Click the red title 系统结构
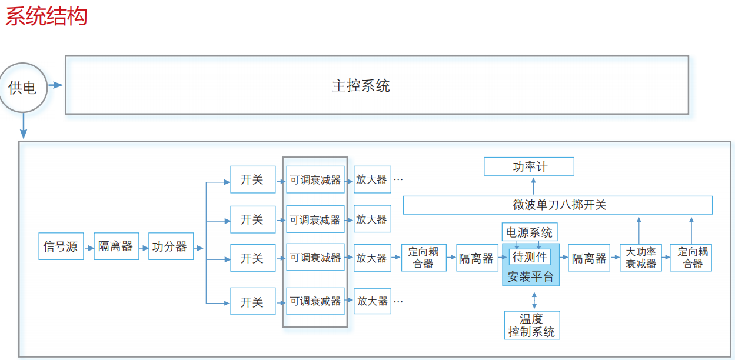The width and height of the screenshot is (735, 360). click(46, 16)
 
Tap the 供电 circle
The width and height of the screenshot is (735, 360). click(23, 88)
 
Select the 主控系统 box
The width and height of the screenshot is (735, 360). click(377, 85)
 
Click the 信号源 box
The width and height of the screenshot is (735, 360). click(61, 246)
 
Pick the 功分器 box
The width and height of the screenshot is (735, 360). click(169, 246)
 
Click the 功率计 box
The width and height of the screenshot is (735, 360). click(528, 166)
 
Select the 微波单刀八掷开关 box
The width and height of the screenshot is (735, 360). click(557, 205)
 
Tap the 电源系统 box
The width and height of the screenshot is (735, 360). click(529, 232)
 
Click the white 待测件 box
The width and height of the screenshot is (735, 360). click(530, 257)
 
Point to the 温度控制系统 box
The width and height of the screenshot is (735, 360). click(531, 325)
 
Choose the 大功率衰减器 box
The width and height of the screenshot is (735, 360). click(640, 258)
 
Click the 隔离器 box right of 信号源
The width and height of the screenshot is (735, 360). click(116, 246)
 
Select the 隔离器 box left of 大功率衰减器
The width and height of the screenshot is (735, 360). click(589, 258)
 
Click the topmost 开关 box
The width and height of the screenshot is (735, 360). click(252, 179)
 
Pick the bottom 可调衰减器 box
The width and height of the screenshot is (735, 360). click(315, 301)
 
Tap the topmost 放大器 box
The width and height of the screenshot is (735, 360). click(372, 179)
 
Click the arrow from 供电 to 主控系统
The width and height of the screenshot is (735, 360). click(56, 85)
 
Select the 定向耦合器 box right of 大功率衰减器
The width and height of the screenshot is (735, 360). click(691, 258)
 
